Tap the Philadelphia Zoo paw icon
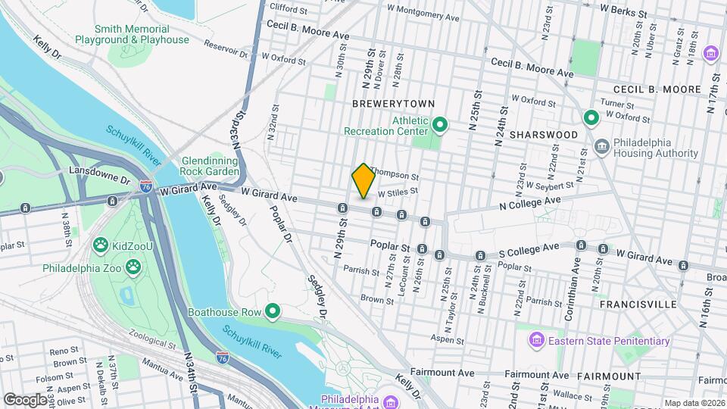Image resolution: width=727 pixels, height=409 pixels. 134,267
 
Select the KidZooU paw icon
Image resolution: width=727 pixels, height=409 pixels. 99,245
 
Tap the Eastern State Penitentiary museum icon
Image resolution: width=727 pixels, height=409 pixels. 537,340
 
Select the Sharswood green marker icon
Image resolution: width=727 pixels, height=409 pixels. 591,118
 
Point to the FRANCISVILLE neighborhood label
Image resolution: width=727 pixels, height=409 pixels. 638,304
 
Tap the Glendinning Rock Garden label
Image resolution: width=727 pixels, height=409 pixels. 211,166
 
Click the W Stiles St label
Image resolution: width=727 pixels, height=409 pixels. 398,192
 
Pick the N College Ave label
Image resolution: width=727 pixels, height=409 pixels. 529,201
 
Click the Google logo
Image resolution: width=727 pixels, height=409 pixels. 24,399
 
